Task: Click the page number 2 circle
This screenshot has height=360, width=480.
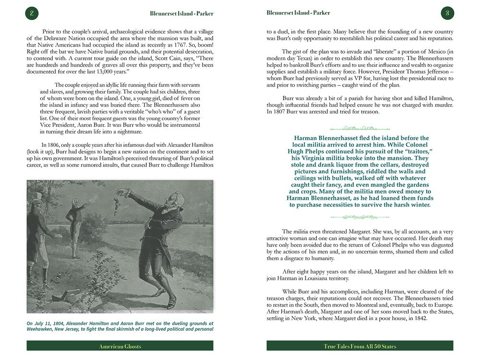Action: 31,13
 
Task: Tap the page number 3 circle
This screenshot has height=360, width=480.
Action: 447,13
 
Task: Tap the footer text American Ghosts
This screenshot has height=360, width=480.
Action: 120,346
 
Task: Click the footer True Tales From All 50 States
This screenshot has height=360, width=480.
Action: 360,346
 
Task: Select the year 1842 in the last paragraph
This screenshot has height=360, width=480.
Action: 411,318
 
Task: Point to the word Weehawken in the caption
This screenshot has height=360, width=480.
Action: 44,329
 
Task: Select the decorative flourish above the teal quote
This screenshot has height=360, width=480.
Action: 360,128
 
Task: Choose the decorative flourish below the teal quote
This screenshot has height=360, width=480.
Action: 360,217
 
